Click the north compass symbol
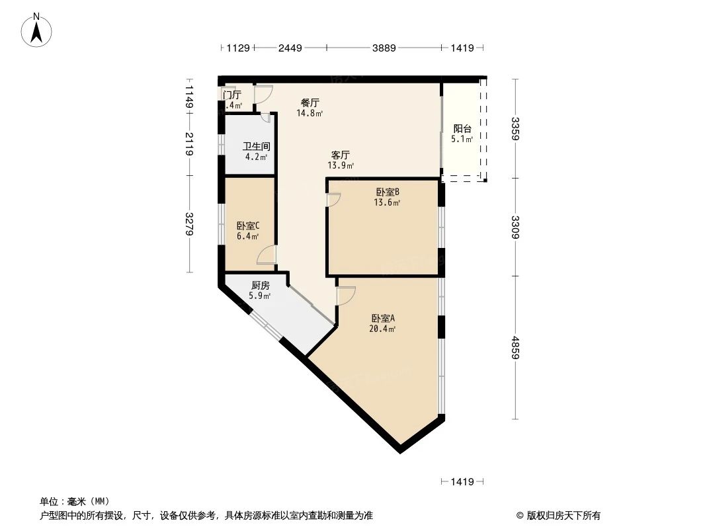(38, 29)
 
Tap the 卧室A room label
(383, 318)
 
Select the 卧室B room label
(387, 192)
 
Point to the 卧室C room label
(248, 225)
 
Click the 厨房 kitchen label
(260, 286)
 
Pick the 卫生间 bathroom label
(256, 147)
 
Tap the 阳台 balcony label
(462, 129)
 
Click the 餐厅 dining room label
(310, 103)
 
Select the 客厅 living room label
(341, 155)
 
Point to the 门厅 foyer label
(232, 95)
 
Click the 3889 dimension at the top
(384, 48)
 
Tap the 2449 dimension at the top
(290, 48)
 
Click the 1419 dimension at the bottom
(462, 482)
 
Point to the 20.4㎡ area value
(383, 329)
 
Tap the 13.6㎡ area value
(387, 203)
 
